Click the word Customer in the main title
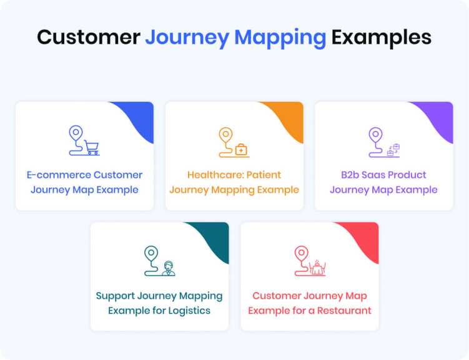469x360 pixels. point(88,37)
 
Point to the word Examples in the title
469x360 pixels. point(381,37)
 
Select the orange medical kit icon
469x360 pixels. point(241,149)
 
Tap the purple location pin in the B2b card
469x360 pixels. point(375,135)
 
